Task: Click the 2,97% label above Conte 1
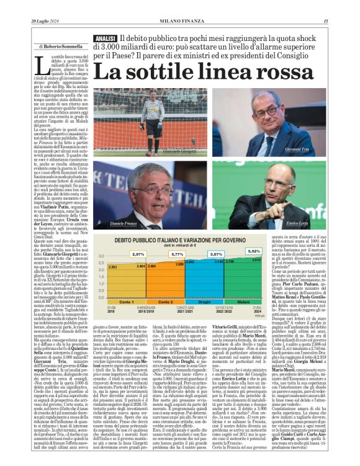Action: pyautogui.click(x=137, y=254)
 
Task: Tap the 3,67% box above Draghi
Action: pyautogui.click(x=216, y=254)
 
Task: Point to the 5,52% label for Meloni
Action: pyautogui.click(x=255, y=251)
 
